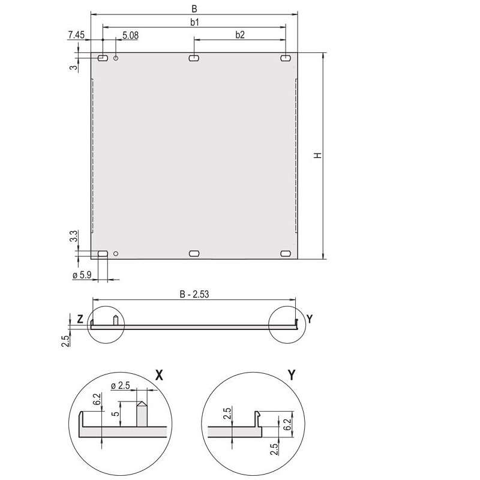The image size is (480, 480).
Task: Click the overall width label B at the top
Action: pos(194,8)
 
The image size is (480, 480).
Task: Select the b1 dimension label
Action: pos(194,22)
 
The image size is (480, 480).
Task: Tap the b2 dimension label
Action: pos(239,35)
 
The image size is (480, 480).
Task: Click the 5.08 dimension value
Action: pos(130,35)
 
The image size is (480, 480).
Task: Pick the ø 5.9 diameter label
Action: pos(82,275)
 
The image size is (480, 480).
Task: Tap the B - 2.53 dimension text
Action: pos(194,294)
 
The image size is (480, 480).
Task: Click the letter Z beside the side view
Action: pos(80,319)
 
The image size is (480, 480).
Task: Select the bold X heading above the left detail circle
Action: pos(159,376)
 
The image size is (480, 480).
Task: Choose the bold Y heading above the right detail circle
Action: pos(292,376)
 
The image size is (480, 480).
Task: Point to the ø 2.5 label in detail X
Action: pos(122,385)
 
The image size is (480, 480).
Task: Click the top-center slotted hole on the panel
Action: pos(194,58)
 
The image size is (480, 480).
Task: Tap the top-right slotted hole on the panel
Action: pos(286,58)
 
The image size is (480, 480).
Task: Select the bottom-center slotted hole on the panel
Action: pos(194,254)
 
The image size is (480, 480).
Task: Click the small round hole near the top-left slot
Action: pos(116,58)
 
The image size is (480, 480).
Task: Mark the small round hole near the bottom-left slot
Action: pos(116,253)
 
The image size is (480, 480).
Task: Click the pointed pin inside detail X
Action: pos(142,414)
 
